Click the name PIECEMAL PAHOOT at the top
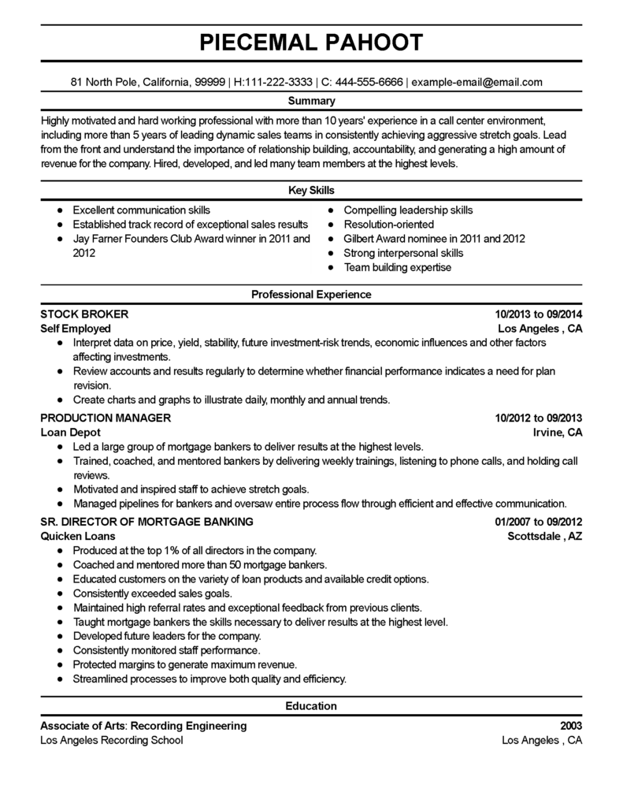pyautogui.click(x=311, y=42)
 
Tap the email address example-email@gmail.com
pyautogui.click(x=477, y=82)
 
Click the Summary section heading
pyautogui.click(x=311, y=101)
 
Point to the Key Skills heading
pyautogui.click(x=311, y=191)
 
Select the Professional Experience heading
pyautogui.click(x=311, y=294)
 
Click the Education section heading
pyautogui.click(x=311, y=705)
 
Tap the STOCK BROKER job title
pyautogui.click(x=83, y=314)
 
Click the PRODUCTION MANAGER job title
pyautogui.click(x=105, y=418)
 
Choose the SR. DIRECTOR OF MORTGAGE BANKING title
pyautogui.click(x=146, y=522)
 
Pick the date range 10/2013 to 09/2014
pyautogui.click(x=539, y=314)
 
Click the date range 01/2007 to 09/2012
pyautogui.click(x=539, y=522)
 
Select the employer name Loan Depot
pyautogui.click(x=69, y=433)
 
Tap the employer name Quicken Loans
pyautogui.click(x=77, y=536)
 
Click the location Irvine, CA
pyautogui.click(x=558, y=433)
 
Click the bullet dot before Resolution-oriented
pyautogui.click(x=332, y=225)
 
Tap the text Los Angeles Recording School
pyautogui.click(x=111, y=740)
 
